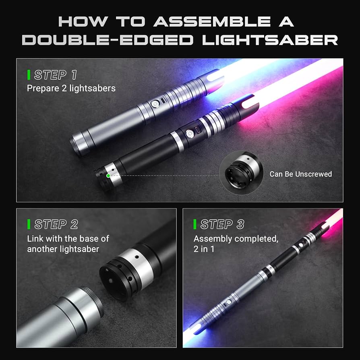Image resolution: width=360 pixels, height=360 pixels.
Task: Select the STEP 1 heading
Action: tap(55, 75)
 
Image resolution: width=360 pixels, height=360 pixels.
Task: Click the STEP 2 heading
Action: tap(56, 224)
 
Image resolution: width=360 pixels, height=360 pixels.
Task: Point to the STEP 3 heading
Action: tap(222, 224)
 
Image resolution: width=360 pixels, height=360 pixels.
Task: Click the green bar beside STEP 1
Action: tap(29, 75)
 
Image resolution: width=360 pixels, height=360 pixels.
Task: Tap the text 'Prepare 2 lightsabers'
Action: tap(71, 88)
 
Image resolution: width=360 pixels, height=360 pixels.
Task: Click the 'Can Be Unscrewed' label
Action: tap(300, 174)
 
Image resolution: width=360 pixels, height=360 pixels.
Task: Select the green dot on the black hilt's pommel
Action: tap(108, 176)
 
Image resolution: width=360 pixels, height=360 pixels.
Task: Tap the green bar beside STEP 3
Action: tap(195, 224)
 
